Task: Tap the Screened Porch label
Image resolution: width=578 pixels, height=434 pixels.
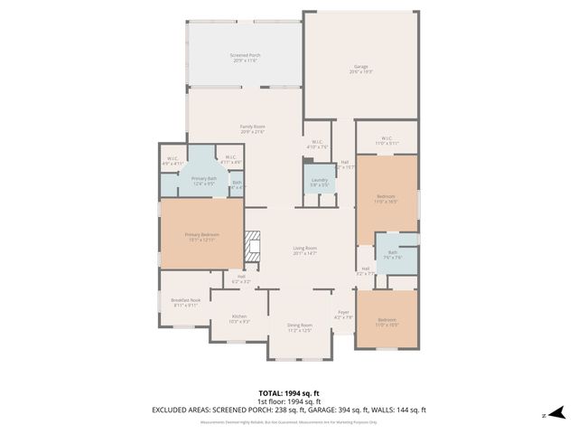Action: click(245, 58)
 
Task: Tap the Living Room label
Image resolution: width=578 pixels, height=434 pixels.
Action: click(304, 250)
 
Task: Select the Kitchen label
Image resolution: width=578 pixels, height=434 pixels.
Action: click(238, 318)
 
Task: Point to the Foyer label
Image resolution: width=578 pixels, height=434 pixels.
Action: click(343, 314)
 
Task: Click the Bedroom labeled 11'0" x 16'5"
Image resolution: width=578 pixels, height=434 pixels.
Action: click(386, 199)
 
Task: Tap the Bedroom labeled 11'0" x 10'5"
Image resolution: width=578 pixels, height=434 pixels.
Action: click(387, 322)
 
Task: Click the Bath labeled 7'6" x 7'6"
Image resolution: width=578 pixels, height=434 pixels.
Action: click(392, 254)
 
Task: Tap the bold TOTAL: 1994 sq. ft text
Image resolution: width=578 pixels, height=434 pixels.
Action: click(289, 393)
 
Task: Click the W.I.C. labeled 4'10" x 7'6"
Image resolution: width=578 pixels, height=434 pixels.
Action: click(318, 145)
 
